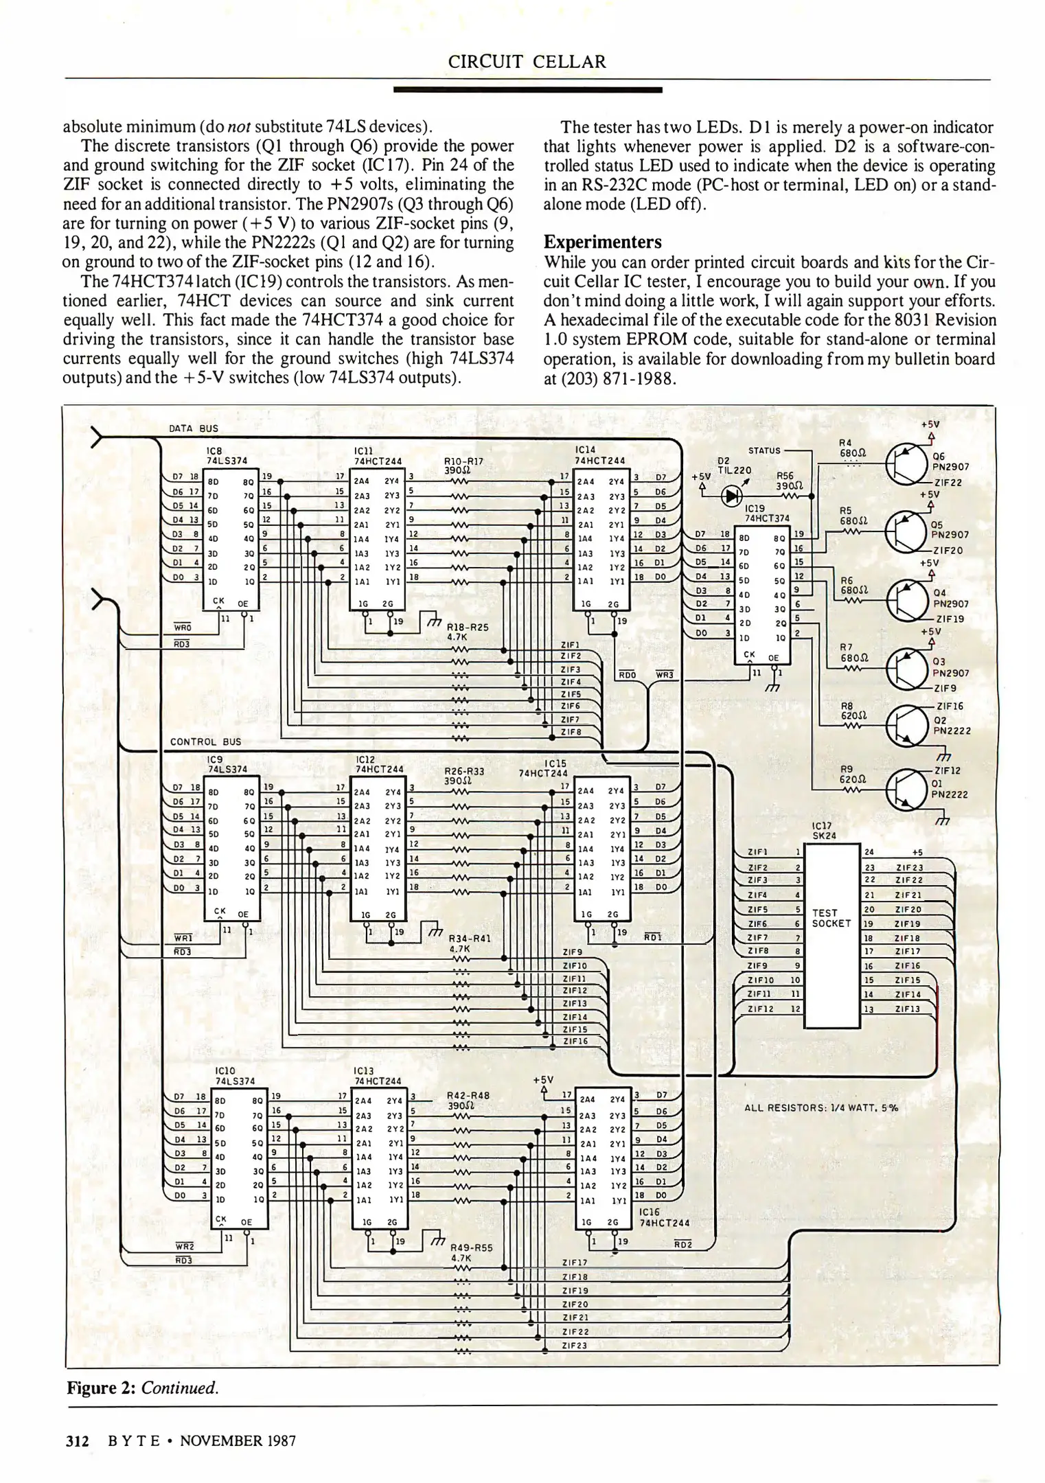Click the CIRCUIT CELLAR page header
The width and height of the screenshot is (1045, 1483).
[527, 62]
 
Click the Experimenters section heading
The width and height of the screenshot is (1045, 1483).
[602, 242]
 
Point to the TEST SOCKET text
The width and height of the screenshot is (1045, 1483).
[831, 918]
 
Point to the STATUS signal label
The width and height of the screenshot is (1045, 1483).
[763, 450]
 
